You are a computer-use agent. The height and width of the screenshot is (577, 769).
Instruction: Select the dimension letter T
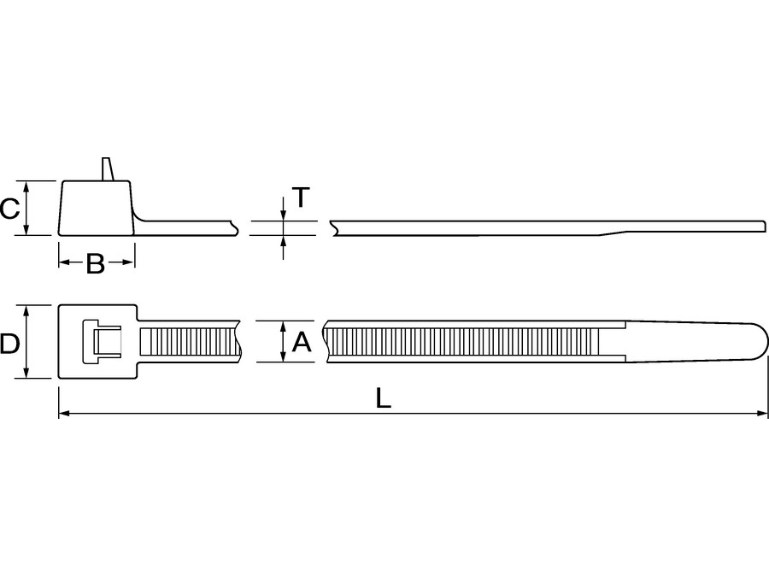coord(301,198)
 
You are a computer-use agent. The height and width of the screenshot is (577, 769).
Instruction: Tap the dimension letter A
coord(301,343)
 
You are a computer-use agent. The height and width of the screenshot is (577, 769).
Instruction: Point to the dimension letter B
coord(96,264)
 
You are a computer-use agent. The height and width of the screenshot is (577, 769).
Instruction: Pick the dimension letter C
coord(9,209)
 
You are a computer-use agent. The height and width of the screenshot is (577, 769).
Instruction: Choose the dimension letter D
coord(9,344)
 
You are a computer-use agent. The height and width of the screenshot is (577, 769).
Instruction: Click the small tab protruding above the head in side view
coord(107,168)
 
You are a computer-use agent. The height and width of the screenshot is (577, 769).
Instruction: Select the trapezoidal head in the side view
coord(96,208)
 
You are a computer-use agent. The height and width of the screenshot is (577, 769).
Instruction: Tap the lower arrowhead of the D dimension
coord(27,373)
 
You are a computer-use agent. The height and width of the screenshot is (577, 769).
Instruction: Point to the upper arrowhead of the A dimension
coord(283,326)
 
